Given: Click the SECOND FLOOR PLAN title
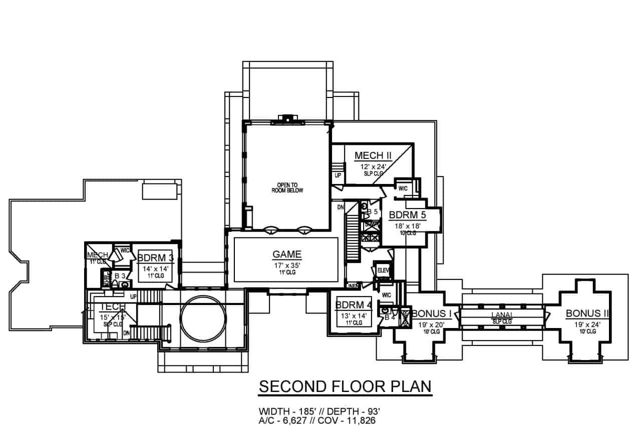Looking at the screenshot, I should click(345, 386).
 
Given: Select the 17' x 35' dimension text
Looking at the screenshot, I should click(286, 265).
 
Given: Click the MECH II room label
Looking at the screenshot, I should click(373, 155).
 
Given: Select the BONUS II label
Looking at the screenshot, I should click(587, 313).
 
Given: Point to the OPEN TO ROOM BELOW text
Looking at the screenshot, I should click(287, 187).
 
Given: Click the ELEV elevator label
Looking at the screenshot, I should click(384, 270).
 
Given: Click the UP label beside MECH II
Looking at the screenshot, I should click(338, 176).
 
